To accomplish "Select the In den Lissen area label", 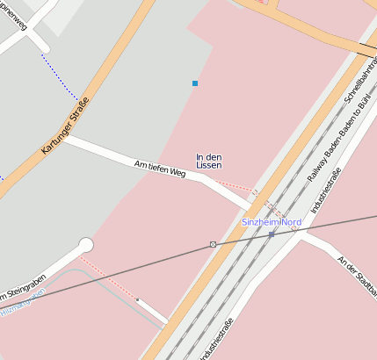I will click(209, 161).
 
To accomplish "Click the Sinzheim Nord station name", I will click(272, 222).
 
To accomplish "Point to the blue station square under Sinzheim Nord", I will click(272, 234).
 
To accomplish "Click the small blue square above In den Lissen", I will click(195, 83).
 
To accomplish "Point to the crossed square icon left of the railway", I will click(213, 244).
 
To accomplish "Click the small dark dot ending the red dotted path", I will click(138, 299).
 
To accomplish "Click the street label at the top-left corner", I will click(16, 15).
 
